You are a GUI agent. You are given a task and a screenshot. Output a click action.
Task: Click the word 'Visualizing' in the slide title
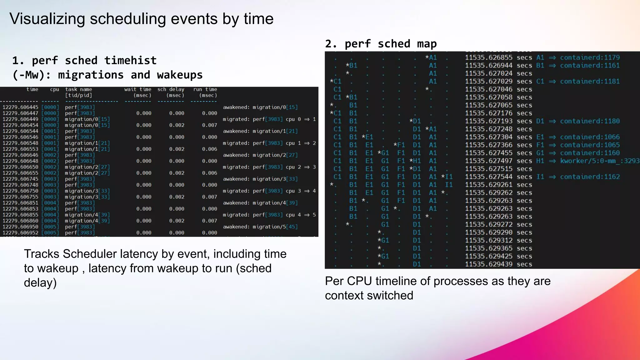(x=47, y=19)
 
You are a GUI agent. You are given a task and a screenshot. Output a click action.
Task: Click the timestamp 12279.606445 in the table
(x=20, y=107)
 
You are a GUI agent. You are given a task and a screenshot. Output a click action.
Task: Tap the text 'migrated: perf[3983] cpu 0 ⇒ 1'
(x=269, y=119)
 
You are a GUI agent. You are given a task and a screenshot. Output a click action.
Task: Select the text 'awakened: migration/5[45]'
(x=260, y=227)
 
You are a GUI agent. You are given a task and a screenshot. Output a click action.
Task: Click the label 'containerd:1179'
(x=590, y=57)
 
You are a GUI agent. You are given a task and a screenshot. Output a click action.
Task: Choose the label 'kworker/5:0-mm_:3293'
(x=600, y=161)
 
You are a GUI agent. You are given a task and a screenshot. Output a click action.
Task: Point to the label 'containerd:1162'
(x=590, y=177)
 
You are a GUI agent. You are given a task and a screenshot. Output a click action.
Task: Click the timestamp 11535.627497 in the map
(x=488, y=161)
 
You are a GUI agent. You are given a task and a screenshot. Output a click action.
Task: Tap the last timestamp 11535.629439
(x=488, y=264)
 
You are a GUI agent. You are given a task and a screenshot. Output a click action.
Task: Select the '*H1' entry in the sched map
(x=415, y=161)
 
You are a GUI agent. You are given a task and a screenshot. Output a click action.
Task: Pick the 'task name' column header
(x=78, y=89)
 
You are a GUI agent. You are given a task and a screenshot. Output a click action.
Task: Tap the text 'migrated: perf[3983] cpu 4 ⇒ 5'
(x=269, y=215)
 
